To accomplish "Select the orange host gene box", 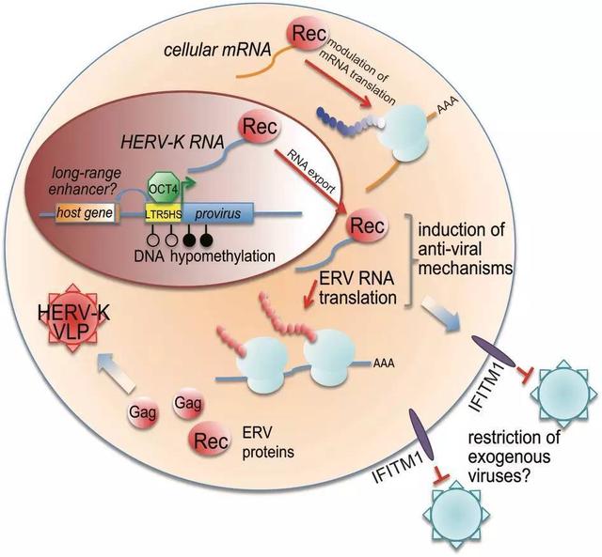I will (86, 212).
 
